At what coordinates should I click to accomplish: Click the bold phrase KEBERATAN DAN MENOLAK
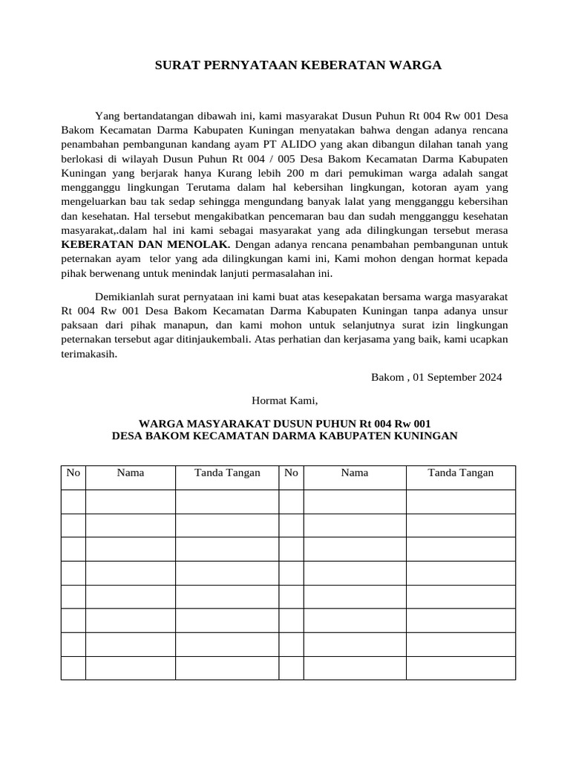click(145, 243)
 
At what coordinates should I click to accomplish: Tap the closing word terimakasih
click(88, 354)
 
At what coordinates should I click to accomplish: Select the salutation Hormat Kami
click(284, 401)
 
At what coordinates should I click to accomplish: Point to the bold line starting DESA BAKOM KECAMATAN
click(284, 436)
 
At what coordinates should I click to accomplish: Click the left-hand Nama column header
click(131, 473)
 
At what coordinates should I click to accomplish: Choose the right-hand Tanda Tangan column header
click(460, 473)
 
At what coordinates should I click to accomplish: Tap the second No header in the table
click(291, 473)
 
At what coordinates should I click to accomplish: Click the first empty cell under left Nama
click(131, 501)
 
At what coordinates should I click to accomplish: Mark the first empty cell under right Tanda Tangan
click(460, 501)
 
